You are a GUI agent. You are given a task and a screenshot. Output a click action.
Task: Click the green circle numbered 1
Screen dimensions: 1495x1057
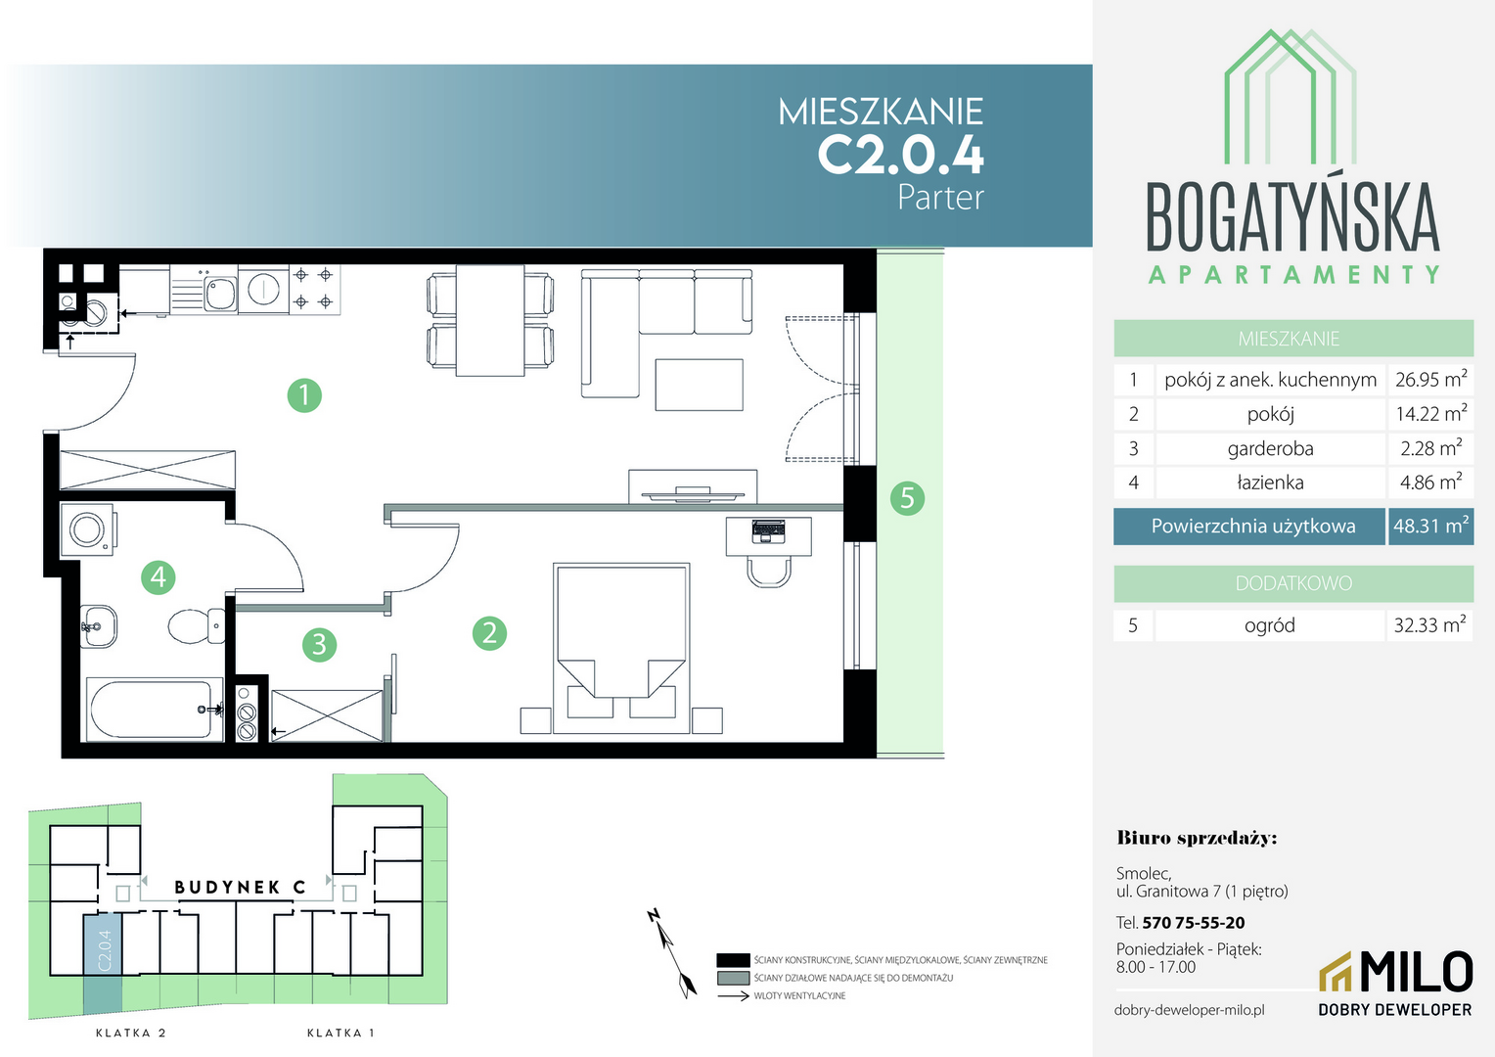304,395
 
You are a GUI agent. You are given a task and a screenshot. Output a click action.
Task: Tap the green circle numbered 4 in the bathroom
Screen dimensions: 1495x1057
159,576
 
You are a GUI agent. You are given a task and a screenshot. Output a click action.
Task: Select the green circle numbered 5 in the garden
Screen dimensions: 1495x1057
907,498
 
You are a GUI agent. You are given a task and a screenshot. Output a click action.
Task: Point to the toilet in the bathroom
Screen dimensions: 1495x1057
197,625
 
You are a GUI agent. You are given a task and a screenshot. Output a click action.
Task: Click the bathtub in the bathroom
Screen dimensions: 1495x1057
155,710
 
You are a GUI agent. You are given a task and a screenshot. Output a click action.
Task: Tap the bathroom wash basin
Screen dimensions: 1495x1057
98,626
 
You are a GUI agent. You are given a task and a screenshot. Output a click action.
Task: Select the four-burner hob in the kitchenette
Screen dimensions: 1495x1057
314,289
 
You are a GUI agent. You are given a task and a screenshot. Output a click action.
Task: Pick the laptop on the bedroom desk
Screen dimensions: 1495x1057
768,531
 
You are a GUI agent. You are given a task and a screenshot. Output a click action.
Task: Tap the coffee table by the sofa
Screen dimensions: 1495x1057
699,385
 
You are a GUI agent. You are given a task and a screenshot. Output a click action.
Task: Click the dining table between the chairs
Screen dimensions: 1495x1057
490,320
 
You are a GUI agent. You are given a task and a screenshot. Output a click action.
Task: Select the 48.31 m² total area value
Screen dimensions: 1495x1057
1430,527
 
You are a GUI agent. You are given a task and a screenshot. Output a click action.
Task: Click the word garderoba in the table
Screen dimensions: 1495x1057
1270,448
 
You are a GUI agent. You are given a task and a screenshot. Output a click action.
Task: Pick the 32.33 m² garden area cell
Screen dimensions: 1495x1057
1429,625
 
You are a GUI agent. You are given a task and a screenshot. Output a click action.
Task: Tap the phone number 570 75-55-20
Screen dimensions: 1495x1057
1194,923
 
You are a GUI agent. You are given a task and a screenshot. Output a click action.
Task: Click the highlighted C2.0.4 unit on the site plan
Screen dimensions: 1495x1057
103,962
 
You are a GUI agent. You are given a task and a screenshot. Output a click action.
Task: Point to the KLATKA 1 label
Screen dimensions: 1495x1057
340,1033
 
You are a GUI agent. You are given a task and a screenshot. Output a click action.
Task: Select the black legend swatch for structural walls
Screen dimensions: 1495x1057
733,960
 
